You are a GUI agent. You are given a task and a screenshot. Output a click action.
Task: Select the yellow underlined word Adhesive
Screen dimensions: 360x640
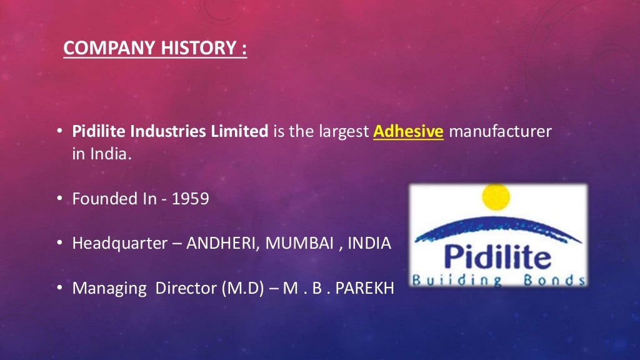click(x=408, y=132)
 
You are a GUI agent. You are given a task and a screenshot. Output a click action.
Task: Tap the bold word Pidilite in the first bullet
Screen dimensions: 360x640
click(x=95, y=132)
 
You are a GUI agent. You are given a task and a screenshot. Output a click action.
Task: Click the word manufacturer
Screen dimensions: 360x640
click(x=500, y=132)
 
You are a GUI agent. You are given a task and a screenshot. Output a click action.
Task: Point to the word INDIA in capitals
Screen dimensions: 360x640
click(x=369, y=243)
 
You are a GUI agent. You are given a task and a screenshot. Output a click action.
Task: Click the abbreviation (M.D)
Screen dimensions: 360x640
click(x=241, y=289)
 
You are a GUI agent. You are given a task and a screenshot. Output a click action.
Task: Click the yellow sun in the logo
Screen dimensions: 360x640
click(x=496, y=196)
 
